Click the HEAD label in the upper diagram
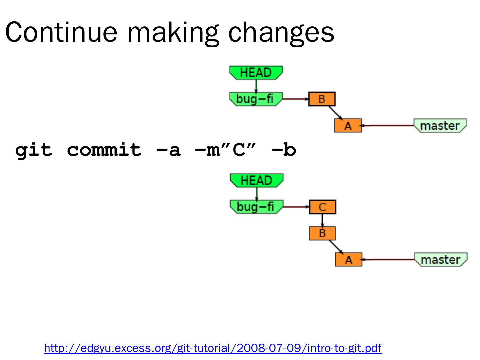[x=256, y=73]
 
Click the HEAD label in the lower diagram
[x=256, y=181]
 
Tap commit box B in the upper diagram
[x=322, y=99]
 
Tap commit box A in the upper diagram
[x=348, y=126]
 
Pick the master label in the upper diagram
[x=440, y=126]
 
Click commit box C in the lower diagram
[x=322, y=207]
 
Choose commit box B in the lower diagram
[x=322, y=233]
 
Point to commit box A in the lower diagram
[x=348, y=260]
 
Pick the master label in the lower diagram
[x=441, y=260]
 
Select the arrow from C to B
[x=322, y=220]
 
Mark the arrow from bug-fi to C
[x=296, y=207]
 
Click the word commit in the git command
[x=104, y=150]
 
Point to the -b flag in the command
[x=284, y=150]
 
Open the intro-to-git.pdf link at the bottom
[x=213, y=348]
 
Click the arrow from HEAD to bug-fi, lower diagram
[x=257, y=194]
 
